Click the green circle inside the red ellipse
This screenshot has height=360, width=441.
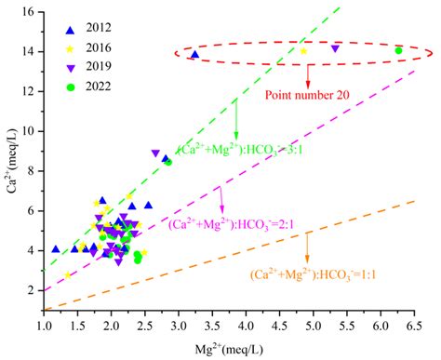[398, 51]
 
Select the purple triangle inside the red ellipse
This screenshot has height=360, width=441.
[335, 47]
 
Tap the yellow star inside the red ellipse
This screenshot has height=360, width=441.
[303, 51]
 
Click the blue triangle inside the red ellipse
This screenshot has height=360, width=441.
[194, 55]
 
